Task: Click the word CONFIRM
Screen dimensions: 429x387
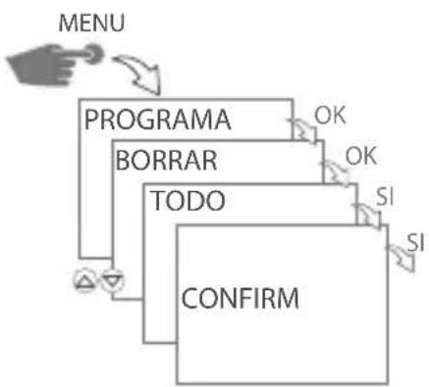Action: click(x=241, y=295)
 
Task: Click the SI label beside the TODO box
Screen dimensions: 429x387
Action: click(x=386, y=198)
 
